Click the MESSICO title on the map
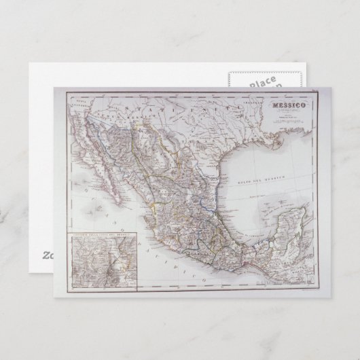coord(289,106)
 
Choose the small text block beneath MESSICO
coord(289,116)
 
